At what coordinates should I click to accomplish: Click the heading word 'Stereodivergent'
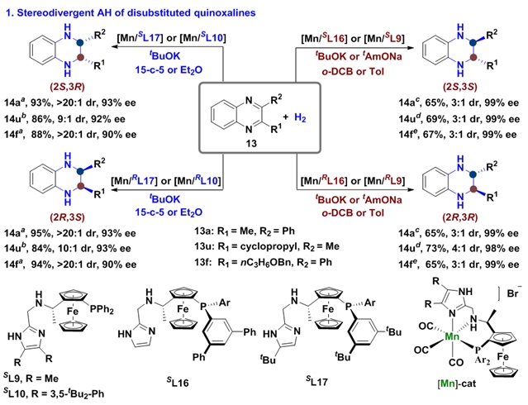60,13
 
